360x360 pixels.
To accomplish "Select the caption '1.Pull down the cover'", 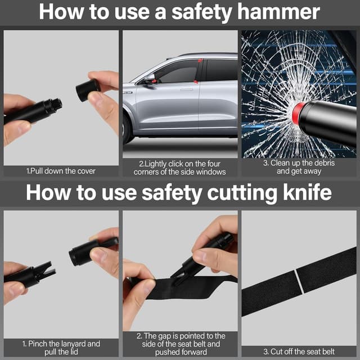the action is click(x=61, y=171).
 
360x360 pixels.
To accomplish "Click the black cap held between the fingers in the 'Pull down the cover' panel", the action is click(x=88, y=90).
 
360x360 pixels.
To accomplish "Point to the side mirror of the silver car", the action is click(x=149, y=78).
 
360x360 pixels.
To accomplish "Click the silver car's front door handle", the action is click(x=186, y=89).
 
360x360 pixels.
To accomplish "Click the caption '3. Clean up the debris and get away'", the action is click(x=299, y=167).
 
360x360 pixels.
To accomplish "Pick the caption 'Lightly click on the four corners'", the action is click(x=180, y=168).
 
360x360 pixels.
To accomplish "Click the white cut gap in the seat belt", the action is click(x=299, y=281).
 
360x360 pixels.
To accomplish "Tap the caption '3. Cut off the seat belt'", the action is click(x=299, y=352).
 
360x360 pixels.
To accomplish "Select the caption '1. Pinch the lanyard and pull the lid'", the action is click(x=61, y=348).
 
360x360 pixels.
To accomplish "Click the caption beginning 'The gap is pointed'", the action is click(x=181, y=344).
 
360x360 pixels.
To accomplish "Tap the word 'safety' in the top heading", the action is click(x=201, y=12).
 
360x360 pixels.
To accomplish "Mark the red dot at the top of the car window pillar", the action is click(x=200, y=61).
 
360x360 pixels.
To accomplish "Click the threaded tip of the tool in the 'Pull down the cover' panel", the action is click(x=56, y=105).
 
